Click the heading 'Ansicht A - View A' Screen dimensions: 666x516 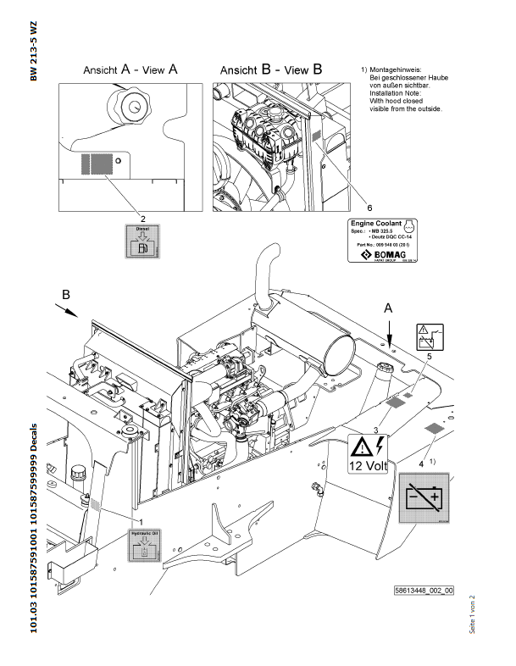(x=130, y=71)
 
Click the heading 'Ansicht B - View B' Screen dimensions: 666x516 (x=270, y=70)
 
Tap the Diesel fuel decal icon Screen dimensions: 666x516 (x=141, y=241)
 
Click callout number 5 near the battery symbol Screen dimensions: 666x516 (x=428, y=357)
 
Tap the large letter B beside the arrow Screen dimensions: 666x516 (x=67, y=295)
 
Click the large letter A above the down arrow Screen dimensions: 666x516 (x=389, y=310)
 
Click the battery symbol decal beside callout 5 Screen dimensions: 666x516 (x=428, y=336)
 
